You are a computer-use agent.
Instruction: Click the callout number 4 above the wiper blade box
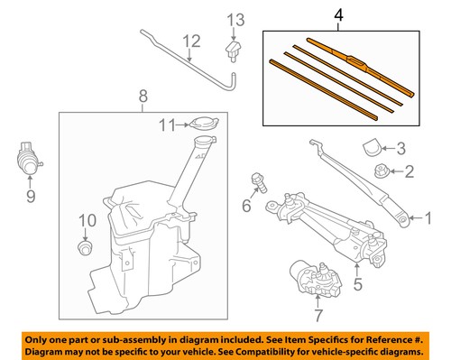click(x=338, y=15)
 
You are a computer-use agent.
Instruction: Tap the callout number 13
click(x=235, y=21)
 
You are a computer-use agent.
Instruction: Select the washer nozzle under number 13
click(x=233, y=51)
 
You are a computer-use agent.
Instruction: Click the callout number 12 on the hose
click(x=192, y=42)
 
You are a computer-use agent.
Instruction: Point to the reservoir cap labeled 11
click(x=204, y=124)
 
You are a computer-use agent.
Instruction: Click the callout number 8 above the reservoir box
click(x=143, y=97)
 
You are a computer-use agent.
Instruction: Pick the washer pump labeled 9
click(x=29, y=158)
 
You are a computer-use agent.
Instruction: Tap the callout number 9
click(x=31, y=196)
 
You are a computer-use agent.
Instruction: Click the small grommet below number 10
click(x=86, y=248)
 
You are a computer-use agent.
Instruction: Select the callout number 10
click(x=87, y=220)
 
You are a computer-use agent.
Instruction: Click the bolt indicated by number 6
click(x=259, y=182)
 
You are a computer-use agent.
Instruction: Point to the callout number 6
click(x=246, y=206)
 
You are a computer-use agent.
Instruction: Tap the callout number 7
click(x=318, y=316)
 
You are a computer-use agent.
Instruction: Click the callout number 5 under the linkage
click(x=357, y=284)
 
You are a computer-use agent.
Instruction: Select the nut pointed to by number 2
click(x=382, y=171)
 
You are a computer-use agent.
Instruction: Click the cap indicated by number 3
click(x=372, y=147)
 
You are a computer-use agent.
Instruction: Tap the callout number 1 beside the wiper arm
click(x=428, y=218)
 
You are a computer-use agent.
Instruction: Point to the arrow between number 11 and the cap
click(x=182, y=125)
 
